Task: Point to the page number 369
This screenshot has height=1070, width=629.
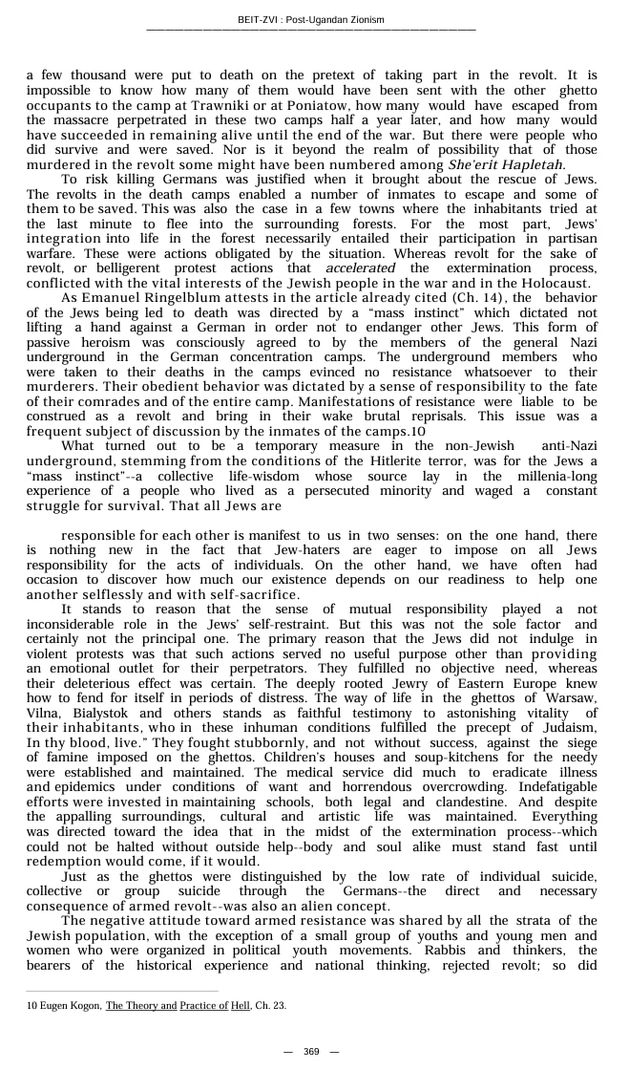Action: [x=311, y=1051]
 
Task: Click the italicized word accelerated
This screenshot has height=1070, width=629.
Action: [x=360, y=268]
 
